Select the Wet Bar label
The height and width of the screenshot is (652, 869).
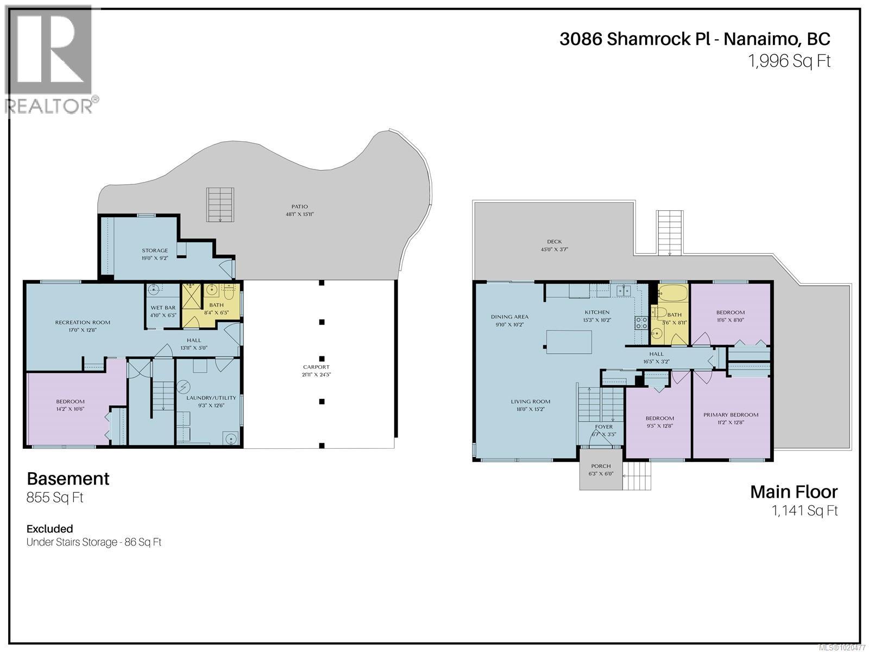[163, 308]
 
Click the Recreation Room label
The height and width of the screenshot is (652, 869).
[83, 322]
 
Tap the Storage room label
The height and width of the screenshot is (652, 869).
[155, 250]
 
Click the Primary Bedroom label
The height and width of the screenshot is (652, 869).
[731, 415]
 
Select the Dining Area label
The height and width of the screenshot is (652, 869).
[509, 317]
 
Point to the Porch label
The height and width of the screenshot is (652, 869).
[601, 466]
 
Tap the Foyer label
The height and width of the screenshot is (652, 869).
[603, 427]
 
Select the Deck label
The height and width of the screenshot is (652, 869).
[555, 242]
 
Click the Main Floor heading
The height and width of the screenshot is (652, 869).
[794, 492]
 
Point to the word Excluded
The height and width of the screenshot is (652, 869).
[49, 529]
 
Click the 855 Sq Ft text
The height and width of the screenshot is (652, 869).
[55, 498]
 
